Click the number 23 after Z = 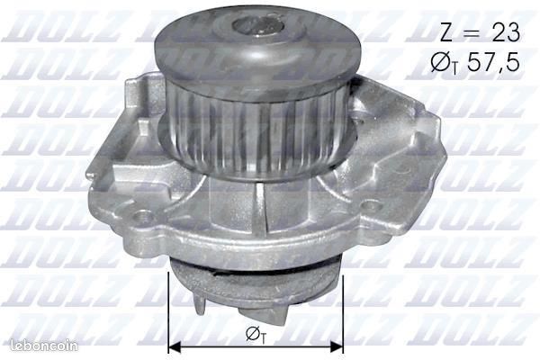coord(506,33)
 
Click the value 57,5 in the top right coord(493,62)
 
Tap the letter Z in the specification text coord(446,33)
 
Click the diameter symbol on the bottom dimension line coord(255,335)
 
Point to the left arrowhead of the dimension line coord(175,347)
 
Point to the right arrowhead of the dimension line coord(337,347)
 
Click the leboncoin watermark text coord(44,346)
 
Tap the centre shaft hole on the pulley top coord(257,27)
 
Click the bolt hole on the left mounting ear coord(143,216)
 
